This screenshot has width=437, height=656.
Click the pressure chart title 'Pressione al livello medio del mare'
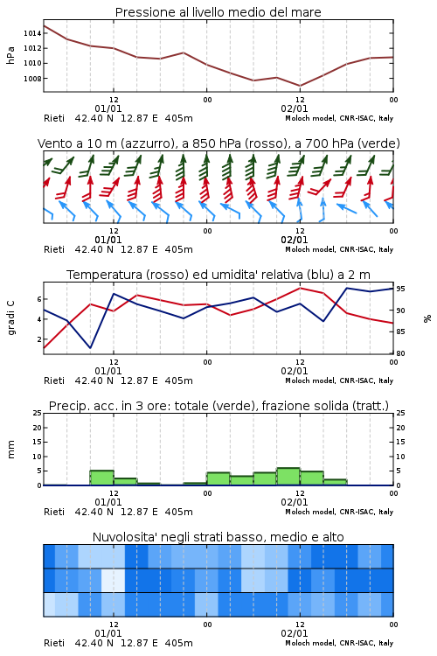[x=218, y=12]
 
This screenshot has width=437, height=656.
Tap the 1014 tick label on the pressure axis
[x=32, y=33]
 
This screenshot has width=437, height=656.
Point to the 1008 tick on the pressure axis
[x=32, y=79]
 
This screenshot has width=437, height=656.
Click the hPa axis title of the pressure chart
[x=10, y=55]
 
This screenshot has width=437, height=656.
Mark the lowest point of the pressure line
[x=300, y=86]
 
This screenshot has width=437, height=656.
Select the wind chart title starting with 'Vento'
[x=218, y=143]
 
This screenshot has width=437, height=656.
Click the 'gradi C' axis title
[x=11, y=318]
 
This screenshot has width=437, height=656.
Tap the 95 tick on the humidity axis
[x=400, y=289]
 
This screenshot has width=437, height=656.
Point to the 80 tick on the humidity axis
[x=400, y=353]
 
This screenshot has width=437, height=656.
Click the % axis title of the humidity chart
[x=427, y=318]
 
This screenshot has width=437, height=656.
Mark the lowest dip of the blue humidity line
[x=90, y=347]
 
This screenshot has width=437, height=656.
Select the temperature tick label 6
[x=39, y=299]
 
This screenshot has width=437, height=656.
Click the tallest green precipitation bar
[x=288, y=477]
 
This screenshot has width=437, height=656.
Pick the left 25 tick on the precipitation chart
[x=38, y=413]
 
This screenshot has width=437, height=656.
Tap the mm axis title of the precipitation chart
[x=10, y=450]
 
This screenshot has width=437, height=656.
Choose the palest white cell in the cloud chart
[x=114, y=580]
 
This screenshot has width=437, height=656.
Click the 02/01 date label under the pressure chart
[x=295, y=108]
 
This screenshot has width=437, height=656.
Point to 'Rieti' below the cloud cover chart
[x=54, y=643]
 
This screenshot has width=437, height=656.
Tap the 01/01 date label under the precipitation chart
[x=108, y=502]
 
